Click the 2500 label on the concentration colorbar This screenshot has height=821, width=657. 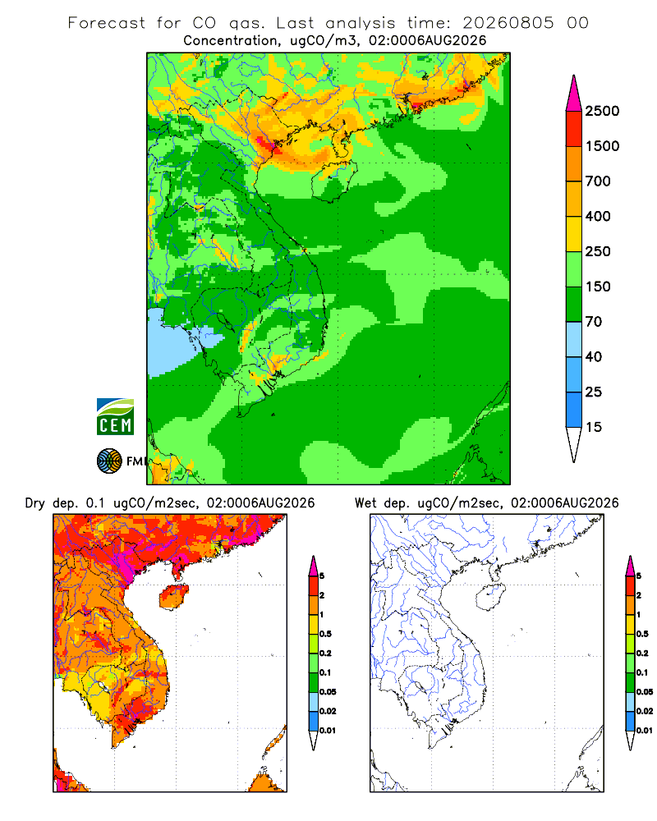click(602, 111)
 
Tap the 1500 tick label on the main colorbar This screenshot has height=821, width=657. click(602, 146)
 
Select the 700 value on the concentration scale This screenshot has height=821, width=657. click(598, 181)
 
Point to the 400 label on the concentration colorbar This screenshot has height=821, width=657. click(598, 216)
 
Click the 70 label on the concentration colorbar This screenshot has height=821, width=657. click(594, 322)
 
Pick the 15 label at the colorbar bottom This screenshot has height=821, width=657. click(594, 427)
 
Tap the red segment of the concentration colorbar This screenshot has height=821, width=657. click(574, 129)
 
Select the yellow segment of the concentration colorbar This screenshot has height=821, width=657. click(574, 234)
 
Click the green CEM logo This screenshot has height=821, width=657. click(115, 417)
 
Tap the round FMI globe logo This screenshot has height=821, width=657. click(109, 461)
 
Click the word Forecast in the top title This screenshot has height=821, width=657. click(107, 23)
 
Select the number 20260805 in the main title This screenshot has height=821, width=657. click(508, 23)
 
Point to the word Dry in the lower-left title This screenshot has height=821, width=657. click(35, 504)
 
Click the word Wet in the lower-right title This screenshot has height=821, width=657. click(365, 503)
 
